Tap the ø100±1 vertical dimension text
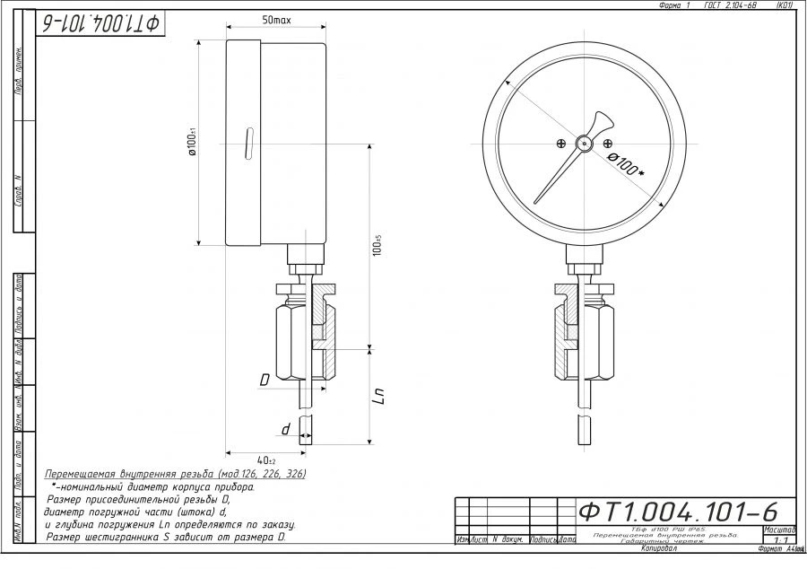tap(193, 144)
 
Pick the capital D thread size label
tap(265, 381)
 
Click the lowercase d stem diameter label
tap(286, 430)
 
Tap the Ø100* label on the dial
tap(627, 165)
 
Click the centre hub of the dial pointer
tap(585, 143)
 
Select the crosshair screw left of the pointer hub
tap(560, 144)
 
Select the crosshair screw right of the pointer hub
tap(608, 144)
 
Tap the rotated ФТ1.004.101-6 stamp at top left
tap(100, 24)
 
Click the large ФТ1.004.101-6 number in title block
tap(678, 512)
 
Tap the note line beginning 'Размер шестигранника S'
tap(166, 537)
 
